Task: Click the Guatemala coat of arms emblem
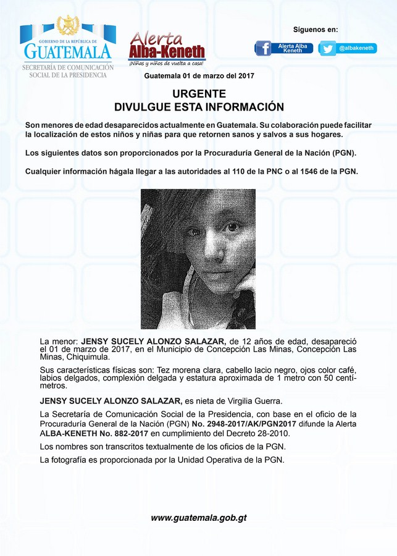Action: pyautogui.click(x=68, y=26)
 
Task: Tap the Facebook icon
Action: pyautogui.click(x=264, y=48)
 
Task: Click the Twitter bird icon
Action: pyautogui.click(x=328, y=48)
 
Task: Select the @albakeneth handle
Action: pyautogui.click(x=356, y=48)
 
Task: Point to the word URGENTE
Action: pyautogui.click(x=198, y=94)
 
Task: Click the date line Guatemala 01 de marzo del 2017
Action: pyautogui.click(x=199, y=76)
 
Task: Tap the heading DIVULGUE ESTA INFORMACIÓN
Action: pyautogui.click(x=199, y=107)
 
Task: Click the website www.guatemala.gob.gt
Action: pyautogui.click(x=199, y=518)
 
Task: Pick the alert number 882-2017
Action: pyautogui.click(x=114, y=434)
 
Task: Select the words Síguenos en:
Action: pyautogui.click(x=316, y=30)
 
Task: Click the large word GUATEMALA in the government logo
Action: pyautogui.click(x=67, y=51)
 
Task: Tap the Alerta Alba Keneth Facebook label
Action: pyautogui.click(x=293, y=48)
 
